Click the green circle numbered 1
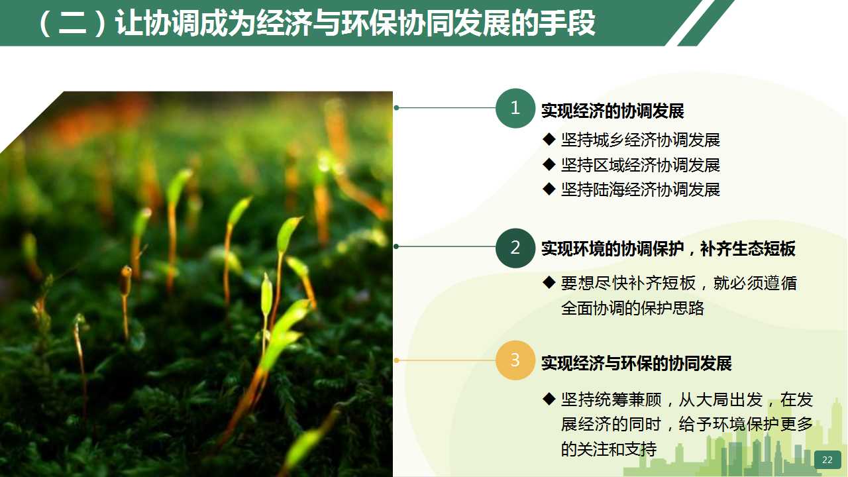point(515,108)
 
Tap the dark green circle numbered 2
point(515,248)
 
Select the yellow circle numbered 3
point(515,360)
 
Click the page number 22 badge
point(827,460)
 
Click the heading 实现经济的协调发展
point(613,111)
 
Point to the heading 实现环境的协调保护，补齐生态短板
point(668,248)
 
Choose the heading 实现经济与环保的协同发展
point(637,363)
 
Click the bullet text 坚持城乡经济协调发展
point(641,140)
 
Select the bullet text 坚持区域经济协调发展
point(641,165)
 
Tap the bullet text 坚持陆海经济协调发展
point(641,189)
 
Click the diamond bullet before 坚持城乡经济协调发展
point(549,139)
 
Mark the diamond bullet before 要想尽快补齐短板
point(549,282)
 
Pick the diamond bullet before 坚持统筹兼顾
point(549,399)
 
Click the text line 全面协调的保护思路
point(633,308)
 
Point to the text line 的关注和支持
point(609,449)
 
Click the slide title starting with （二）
point(317,23)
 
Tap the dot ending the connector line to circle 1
point(396,108)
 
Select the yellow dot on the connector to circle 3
point(396,360)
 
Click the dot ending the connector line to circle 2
point(396,246)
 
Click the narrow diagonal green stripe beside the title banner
point(706,23)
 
